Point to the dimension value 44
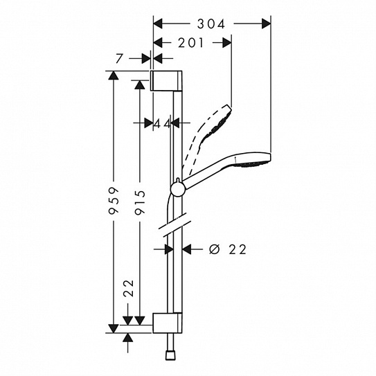(x=162, y=123)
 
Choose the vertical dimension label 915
(x=141, y=202)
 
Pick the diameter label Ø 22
(x=227, y=249)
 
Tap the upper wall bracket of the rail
(x=167, y=80)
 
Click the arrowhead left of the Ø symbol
(x=188, y=249)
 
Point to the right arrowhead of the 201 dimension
(x=226, y=43)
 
